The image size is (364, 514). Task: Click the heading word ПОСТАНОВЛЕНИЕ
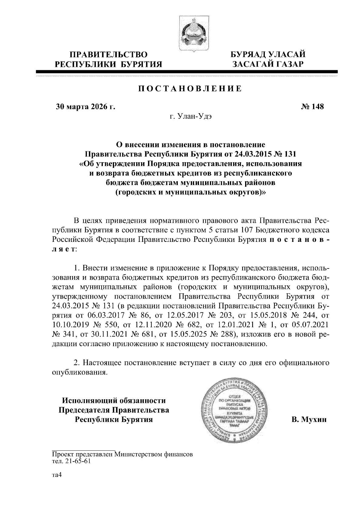click(190, 89)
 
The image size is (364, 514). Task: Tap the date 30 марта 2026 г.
click(86, 107)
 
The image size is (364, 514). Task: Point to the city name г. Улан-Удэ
click(190, 117)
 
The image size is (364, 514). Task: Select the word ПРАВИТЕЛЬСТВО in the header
click(109, 55)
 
